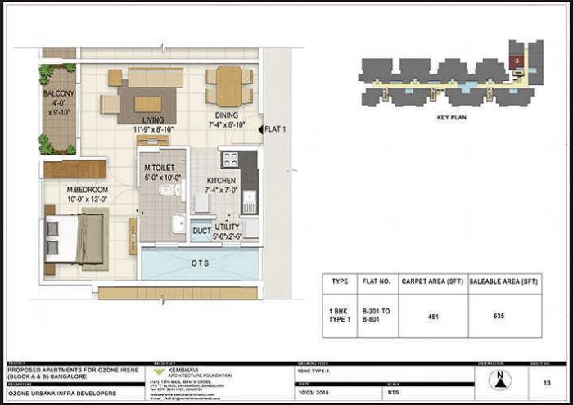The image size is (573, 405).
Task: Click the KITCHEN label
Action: (x=222, y=180)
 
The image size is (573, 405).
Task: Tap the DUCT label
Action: (x=201, y=232)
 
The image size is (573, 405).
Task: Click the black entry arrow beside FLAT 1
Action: (x=259, y=128)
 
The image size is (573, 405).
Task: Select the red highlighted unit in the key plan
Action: (x=517, y=61)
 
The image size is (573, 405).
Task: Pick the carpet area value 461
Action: (x=432, y=316)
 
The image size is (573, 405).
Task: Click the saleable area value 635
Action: (x=499, y=316)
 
